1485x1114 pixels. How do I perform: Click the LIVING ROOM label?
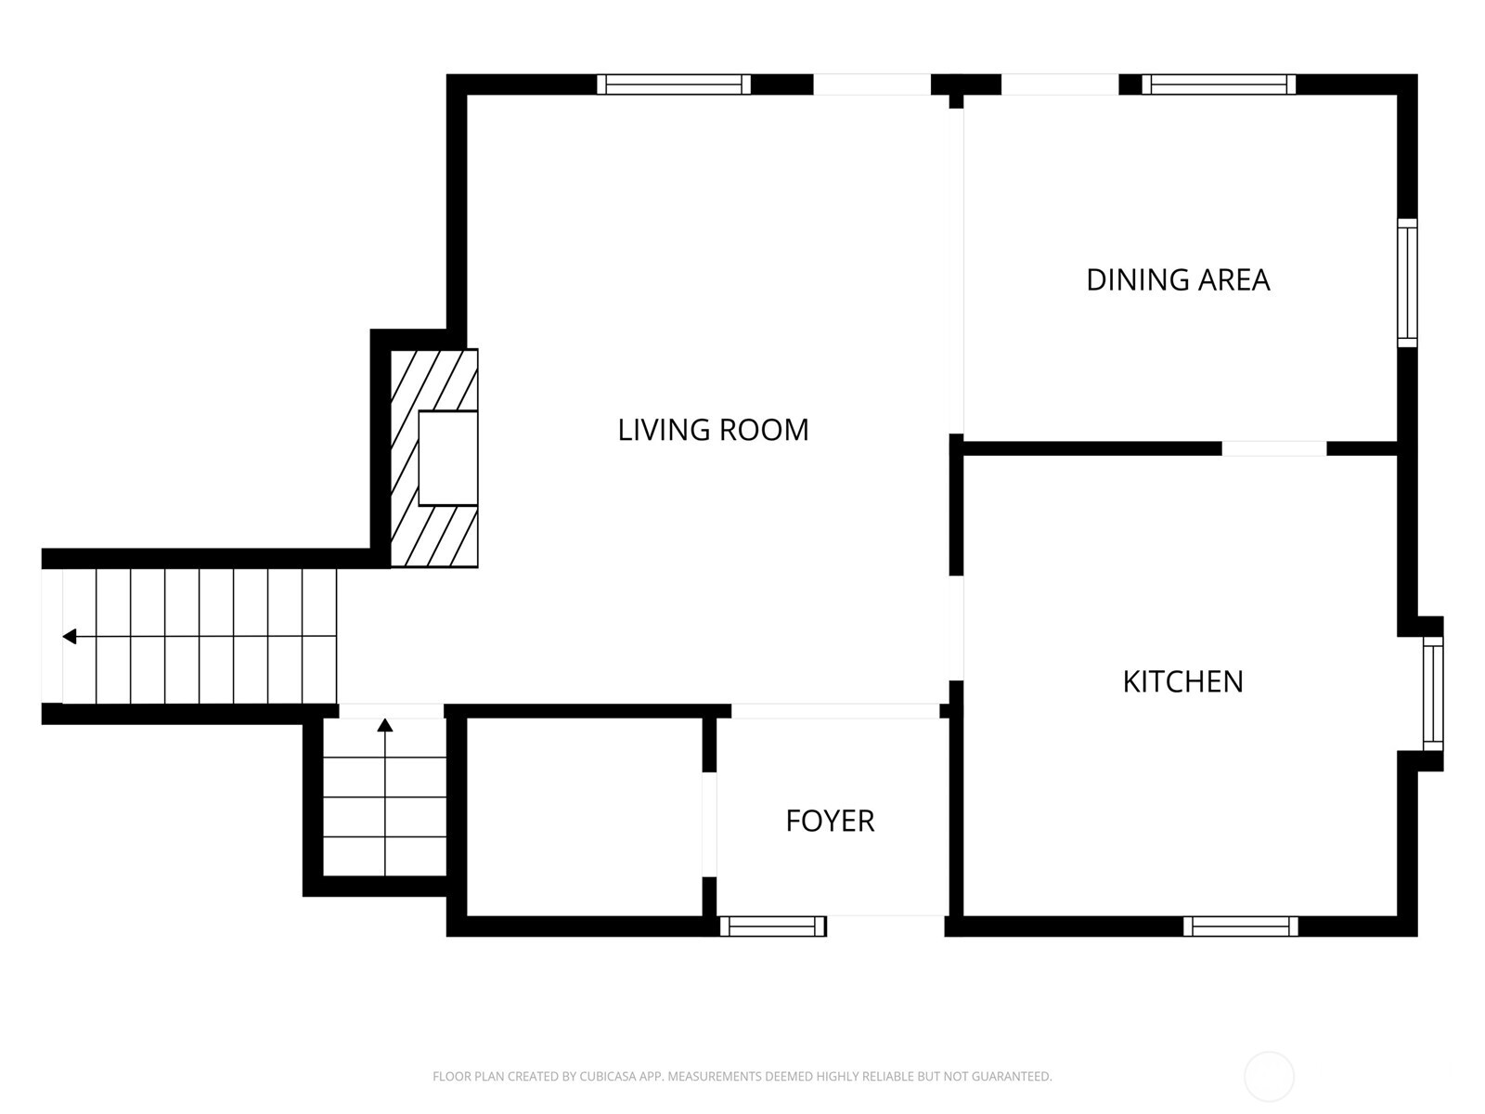(713, 430)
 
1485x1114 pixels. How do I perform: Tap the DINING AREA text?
(1177, 279)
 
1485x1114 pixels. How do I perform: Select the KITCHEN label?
(1182, 681)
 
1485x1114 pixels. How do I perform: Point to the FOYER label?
(830, 821)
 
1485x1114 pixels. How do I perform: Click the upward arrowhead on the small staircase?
(385, 725)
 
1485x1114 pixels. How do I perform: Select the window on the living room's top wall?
(673, 84)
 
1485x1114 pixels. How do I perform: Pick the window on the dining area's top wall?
(1218, 84)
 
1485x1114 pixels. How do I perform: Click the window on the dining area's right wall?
(1407, 283)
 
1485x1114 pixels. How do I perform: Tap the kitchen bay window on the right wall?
(1433, 693)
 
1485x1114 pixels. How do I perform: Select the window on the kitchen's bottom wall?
(1240, 926)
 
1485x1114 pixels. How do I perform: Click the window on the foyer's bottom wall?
(772, 926)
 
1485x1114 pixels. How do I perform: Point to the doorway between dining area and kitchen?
(1273, 448)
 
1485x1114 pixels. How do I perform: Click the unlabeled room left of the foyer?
(583, 817)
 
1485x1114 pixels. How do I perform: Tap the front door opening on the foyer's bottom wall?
(885, 926)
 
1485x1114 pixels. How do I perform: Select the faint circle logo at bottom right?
(1269, 1077)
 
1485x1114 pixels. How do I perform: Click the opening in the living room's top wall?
(872, 84)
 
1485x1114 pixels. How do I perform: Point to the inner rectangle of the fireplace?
(447, 459)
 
